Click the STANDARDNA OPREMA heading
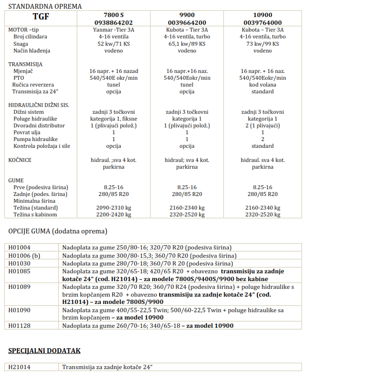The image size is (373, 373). pos(45,6)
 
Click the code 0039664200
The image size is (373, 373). pos(187,22)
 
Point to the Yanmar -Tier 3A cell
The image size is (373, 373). pos(114,30)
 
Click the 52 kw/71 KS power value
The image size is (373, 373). pos(114,43)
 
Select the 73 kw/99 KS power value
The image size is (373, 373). pos(262,43)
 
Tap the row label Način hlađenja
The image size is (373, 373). pos(32,51)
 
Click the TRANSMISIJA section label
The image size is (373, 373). pos(25,64)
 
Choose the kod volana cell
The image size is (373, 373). pos(262,85)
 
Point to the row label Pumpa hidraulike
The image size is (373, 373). pos(36,139)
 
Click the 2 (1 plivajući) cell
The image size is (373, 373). pos(262,125)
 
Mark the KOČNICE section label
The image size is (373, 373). pos(20,160)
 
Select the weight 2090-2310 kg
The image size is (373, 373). pos(114,208)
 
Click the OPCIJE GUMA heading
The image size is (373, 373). pos(58,231)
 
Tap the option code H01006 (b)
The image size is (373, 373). pos(24,255)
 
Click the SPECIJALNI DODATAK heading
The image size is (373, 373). pos(44,350)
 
